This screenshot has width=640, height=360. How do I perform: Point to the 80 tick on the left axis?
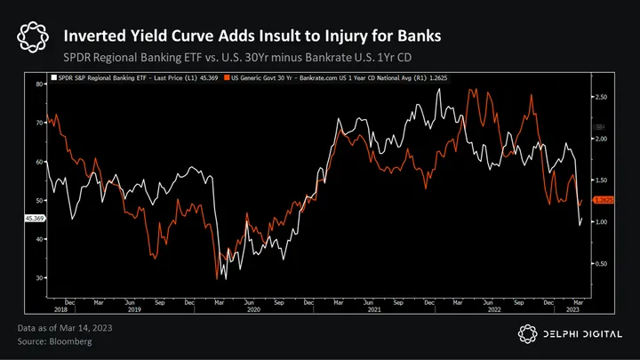(x=41, y=84)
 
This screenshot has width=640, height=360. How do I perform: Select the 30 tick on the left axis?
(x=41, y=278)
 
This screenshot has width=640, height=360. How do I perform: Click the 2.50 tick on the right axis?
(x=601, y=96)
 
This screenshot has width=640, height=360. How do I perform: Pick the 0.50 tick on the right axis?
(x=601, y=264)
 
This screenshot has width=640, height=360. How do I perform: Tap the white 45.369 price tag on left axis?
(x=37, y=218)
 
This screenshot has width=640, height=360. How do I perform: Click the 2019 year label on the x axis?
(x=135, y=310)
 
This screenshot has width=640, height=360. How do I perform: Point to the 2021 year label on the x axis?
(x=374, y=310)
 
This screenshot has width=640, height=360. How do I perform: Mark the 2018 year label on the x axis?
(x=60, y=310)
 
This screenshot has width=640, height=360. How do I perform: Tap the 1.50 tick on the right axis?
(x=601, y=180)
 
